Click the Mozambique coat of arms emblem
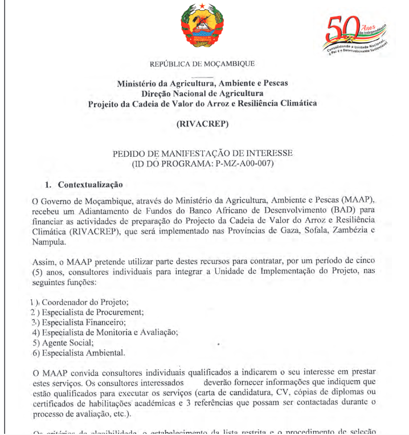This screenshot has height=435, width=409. tap(202, 27)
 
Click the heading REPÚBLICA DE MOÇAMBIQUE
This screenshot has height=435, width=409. tap(202, 64)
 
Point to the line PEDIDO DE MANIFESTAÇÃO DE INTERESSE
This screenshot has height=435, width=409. tap(203, 154)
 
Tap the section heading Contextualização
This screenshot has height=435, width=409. tap(90, 185)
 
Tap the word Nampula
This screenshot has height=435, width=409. tap(47, 242)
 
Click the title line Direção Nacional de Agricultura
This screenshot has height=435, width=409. tap(202, 93)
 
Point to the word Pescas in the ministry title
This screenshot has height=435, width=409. tap(275, 83)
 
